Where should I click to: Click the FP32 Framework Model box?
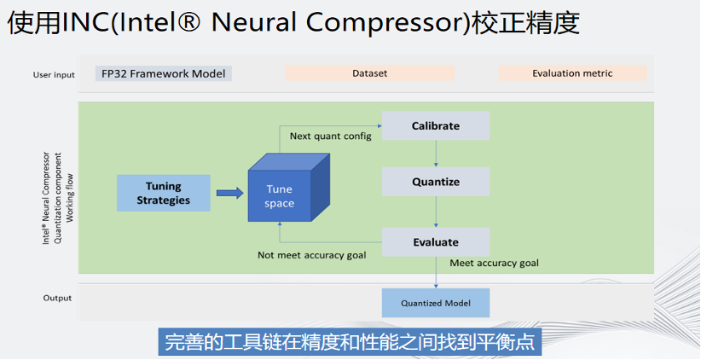[164, 73]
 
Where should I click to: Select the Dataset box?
[369, 73]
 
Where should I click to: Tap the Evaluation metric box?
[571, 73]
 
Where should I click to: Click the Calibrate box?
[435, 125]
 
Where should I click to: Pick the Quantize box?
[435, 182]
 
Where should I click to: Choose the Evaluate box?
[435, 242]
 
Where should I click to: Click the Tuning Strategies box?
[163, 193]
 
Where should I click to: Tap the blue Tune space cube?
[286, 195]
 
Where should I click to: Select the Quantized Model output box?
[435, 303]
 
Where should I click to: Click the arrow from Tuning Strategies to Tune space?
[229, 193]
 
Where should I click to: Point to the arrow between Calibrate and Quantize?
[436, 154]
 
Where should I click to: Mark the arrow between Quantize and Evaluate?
[436, 212]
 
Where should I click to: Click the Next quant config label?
[330, 136]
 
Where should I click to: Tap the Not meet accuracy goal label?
[311, 254]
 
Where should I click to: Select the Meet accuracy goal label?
[494, 263]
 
